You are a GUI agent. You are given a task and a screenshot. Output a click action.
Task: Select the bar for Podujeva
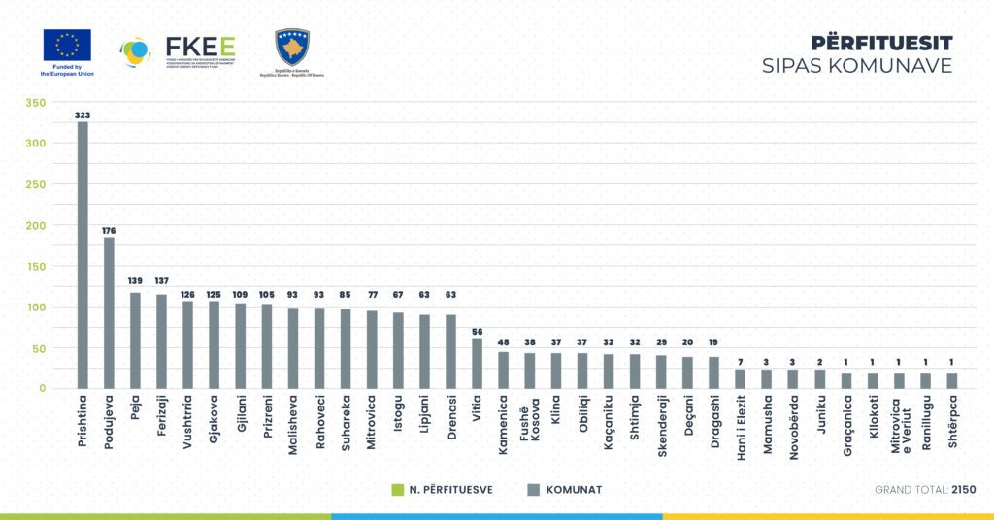(109, 312)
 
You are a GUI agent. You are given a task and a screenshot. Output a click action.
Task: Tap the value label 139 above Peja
(135, 281)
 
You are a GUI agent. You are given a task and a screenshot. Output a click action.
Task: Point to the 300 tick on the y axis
(35, 144)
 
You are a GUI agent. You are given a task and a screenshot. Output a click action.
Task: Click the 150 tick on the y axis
(35, 266)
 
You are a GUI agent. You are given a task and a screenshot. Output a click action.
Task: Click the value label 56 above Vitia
(477, 330)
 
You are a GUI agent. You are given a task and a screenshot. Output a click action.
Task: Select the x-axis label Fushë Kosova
(529, 424)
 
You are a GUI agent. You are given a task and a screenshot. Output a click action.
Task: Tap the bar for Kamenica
(503, 370)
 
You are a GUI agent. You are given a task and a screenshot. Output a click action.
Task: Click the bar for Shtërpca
(950, 380)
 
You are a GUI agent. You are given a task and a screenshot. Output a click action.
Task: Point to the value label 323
(83, 114)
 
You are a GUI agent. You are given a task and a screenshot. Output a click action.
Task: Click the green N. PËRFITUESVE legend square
(396, 490)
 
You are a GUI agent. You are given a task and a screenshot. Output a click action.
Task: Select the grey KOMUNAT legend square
(532, 490)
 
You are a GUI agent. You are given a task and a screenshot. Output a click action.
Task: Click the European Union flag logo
(67, 46)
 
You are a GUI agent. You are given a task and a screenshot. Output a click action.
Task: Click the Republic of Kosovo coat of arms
(291, 47)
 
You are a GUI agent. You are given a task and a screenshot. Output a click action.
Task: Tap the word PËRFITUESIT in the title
(881, 43)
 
